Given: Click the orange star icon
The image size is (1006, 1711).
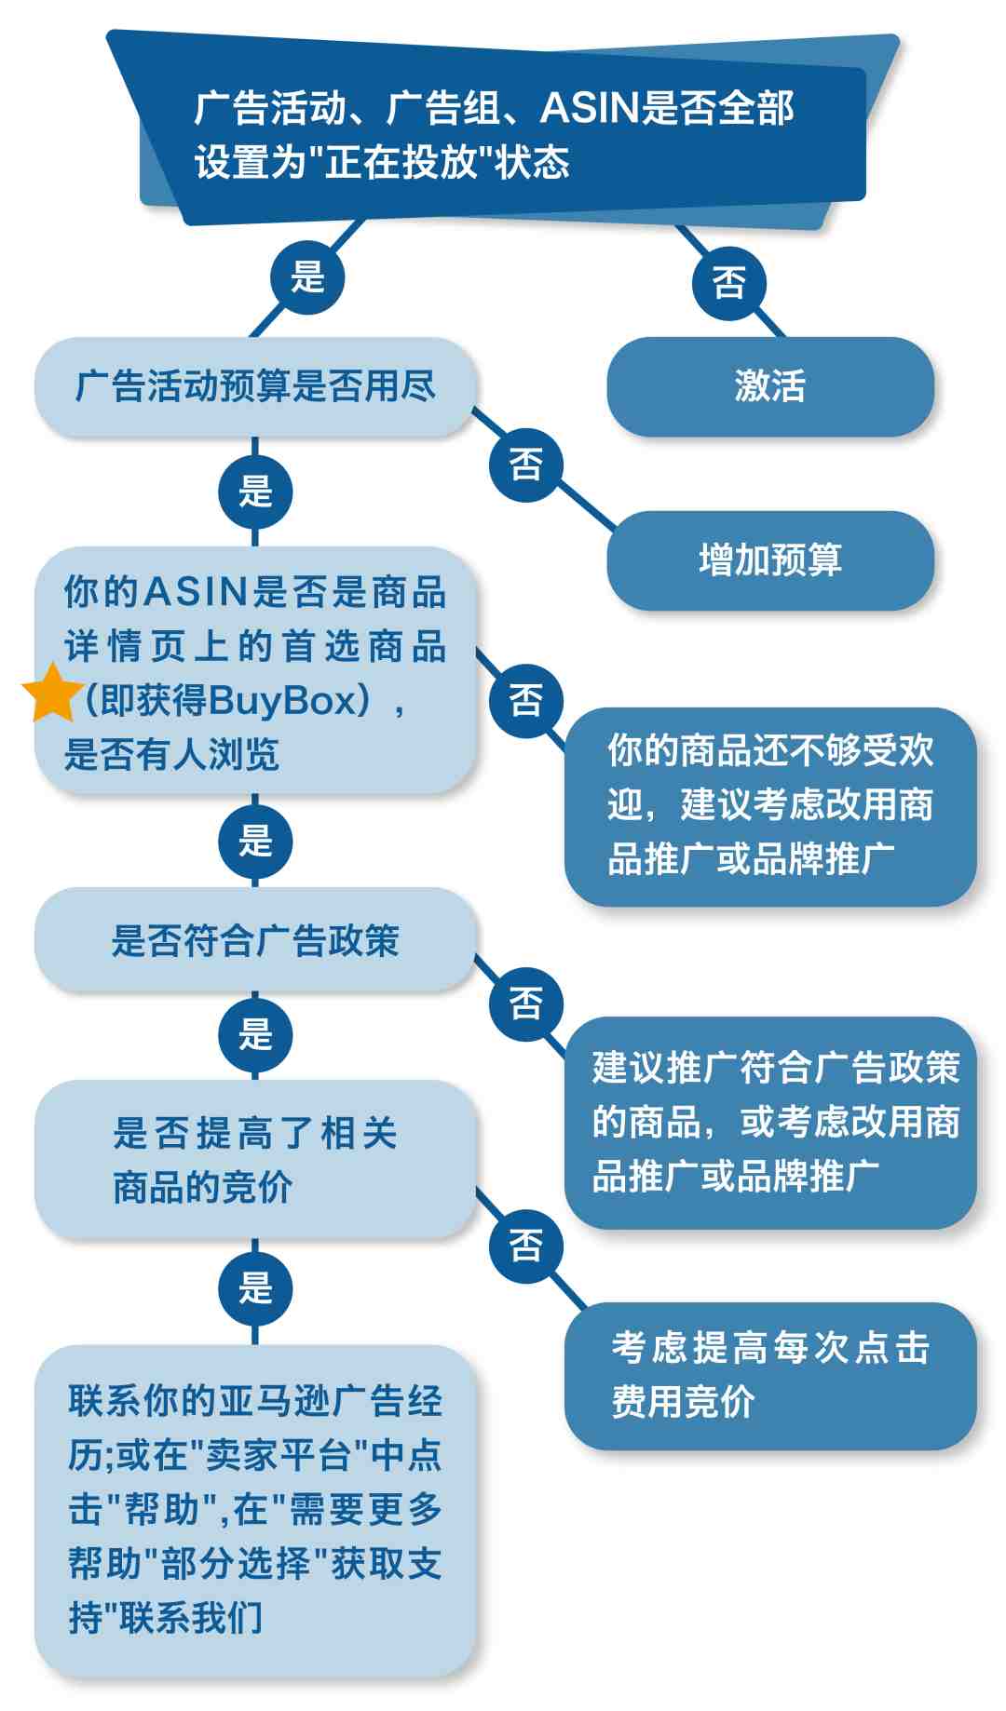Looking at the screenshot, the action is (x=52, y=694).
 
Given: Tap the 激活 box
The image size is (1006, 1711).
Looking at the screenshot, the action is (x=769, y=386).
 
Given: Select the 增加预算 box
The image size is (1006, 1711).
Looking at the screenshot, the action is (x=769, y=560).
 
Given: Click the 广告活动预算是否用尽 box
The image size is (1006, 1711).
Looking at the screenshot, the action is (x=254, y=386).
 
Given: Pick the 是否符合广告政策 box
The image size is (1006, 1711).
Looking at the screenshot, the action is (x=254, y=940).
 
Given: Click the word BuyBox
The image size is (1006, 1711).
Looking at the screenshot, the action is (x=283, y=700).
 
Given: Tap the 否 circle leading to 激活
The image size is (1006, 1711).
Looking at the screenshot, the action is (x=728, y=282).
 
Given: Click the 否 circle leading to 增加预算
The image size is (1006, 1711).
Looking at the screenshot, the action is (x=526, y=464).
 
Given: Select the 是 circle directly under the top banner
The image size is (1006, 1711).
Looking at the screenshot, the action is (x=307, y=277).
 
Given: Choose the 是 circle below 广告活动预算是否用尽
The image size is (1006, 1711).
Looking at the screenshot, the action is (x=255, y=491).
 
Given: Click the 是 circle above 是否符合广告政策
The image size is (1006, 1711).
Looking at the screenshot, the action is (x=255, y=841).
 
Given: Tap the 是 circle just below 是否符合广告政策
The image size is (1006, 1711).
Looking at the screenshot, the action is (x=255, y=1034).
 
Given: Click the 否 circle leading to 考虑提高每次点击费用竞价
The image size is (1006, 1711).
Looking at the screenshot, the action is (x=526, y=1246).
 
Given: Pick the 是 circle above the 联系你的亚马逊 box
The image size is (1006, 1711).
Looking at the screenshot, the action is (x=255, y=1288).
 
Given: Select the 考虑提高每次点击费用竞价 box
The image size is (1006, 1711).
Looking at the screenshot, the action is (x=770, y=1375).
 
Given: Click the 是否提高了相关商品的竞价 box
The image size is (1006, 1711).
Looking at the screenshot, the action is (x=254, y=1159).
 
